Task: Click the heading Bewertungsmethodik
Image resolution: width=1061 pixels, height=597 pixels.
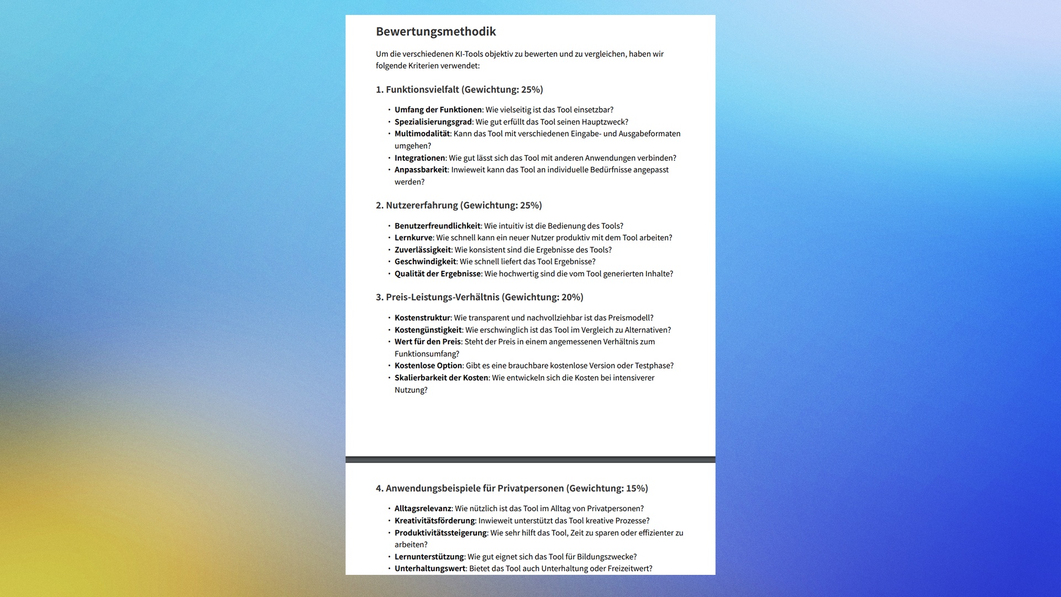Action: tap(435, 32)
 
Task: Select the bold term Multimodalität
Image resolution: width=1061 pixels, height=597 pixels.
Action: tap(422, 134)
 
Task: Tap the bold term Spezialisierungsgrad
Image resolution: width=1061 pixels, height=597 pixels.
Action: tap(433, 122)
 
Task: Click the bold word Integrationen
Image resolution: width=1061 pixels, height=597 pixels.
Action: tap(419, 158)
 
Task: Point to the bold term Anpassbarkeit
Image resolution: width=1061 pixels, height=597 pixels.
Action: tap(421, 170)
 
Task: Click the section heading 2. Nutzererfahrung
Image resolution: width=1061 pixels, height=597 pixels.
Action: tap(459, 205)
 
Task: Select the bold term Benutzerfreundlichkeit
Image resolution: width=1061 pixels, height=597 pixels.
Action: tap(437, 226)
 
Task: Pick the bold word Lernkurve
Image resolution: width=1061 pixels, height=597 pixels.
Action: tap(413, 238)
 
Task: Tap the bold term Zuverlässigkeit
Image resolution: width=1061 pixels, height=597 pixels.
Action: tap(423, 250)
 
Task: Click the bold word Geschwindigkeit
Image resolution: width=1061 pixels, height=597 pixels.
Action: tap(425, 261)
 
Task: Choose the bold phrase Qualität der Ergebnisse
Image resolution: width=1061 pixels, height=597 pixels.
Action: tap(437, 274)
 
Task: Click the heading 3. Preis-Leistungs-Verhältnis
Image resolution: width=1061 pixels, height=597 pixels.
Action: tap(479, 297)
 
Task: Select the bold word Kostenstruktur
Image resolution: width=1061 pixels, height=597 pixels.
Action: tap(422, 318)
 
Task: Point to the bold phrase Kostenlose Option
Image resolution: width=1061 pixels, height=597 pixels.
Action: tap(428, 365)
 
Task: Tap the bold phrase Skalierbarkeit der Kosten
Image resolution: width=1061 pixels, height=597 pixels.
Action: tap(441, 378)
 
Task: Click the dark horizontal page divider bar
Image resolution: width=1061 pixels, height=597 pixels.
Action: tap(530, 459)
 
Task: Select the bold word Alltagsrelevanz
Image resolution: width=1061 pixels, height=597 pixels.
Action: tap(423, 509)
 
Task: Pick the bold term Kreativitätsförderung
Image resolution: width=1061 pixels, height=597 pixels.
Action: tap(434, 521)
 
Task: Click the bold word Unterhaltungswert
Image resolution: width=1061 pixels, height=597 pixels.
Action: tap(430, 568)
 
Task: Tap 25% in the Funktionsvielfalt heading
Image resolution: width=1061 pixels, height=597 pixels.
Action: tap(531, 90)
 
